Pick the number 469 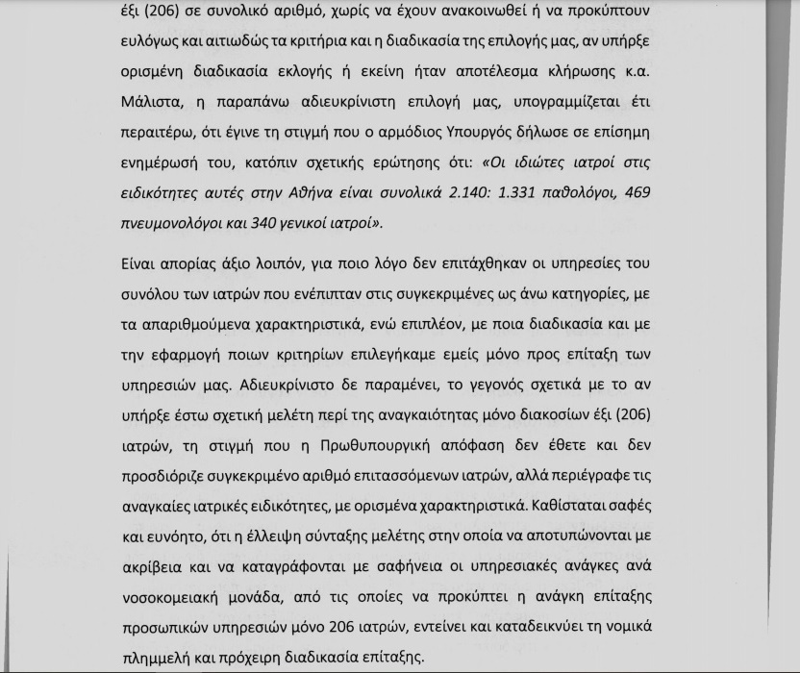tap(637, 194)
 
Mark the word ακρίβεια tap(154, 566)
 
